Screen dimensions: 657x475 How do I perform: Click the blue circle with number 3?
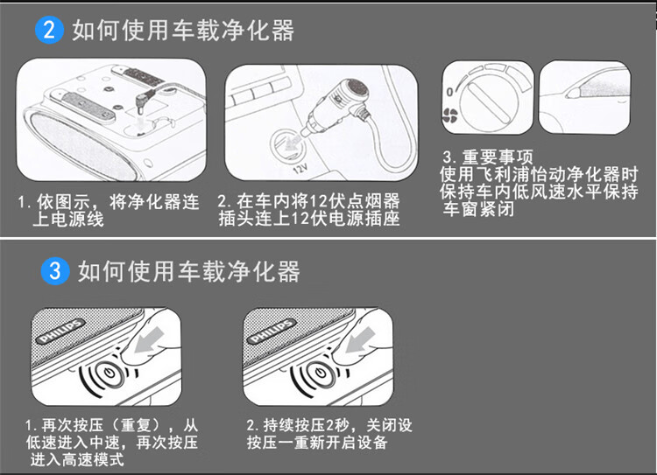click(x=55, y=271)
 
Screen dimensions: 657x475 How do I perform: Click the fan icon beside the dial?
click(x=451, y=117)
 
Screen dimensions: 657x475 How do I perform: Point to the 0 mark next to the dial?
click(x=450, y=92)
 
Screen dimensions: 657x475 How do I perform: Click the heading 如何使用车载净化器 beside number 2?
click(x=183, y=31)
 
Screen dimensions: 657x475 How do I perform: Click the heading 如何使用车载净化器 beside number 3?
click(x=189, y=271)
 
